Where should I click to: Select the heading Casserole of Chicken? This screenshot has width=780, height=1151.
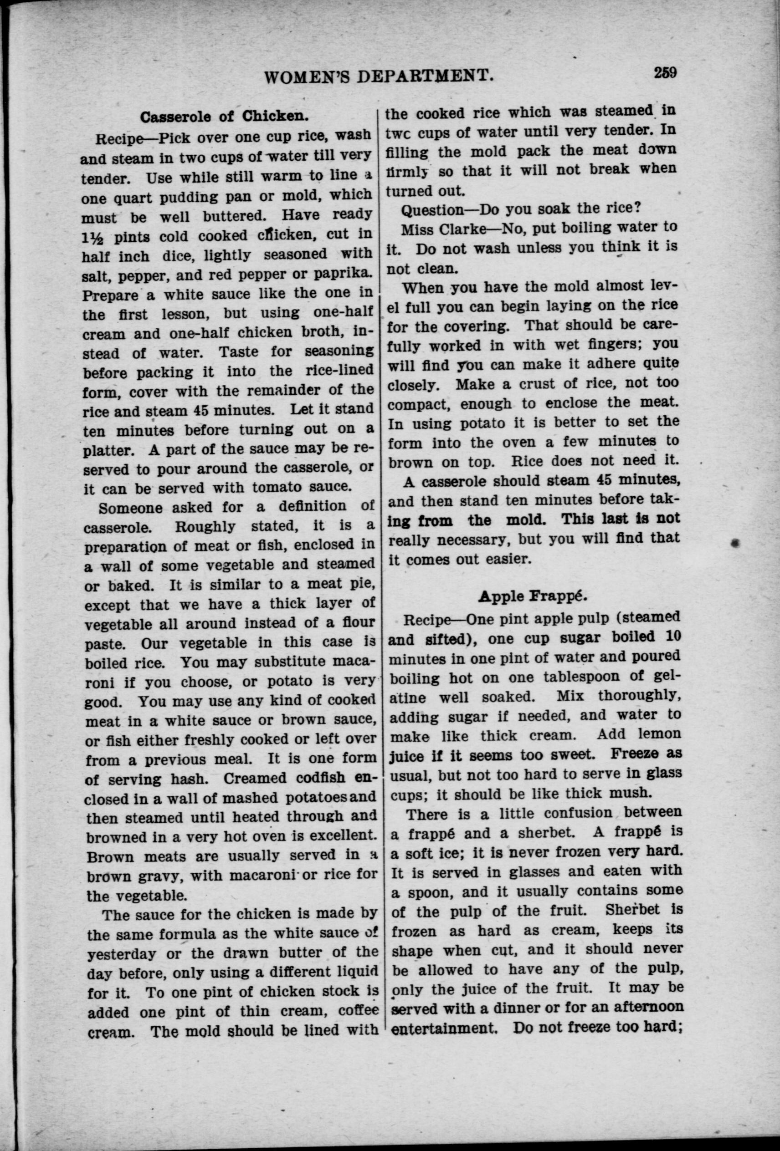[225, 117]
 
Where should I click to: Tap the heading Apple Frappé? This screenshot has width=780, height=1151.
[533, 596]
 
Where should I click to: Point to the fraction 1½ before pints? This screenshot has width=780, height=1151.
[94, 237]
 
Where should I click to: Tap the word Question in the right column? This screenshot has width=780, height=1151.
[431, 210]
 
